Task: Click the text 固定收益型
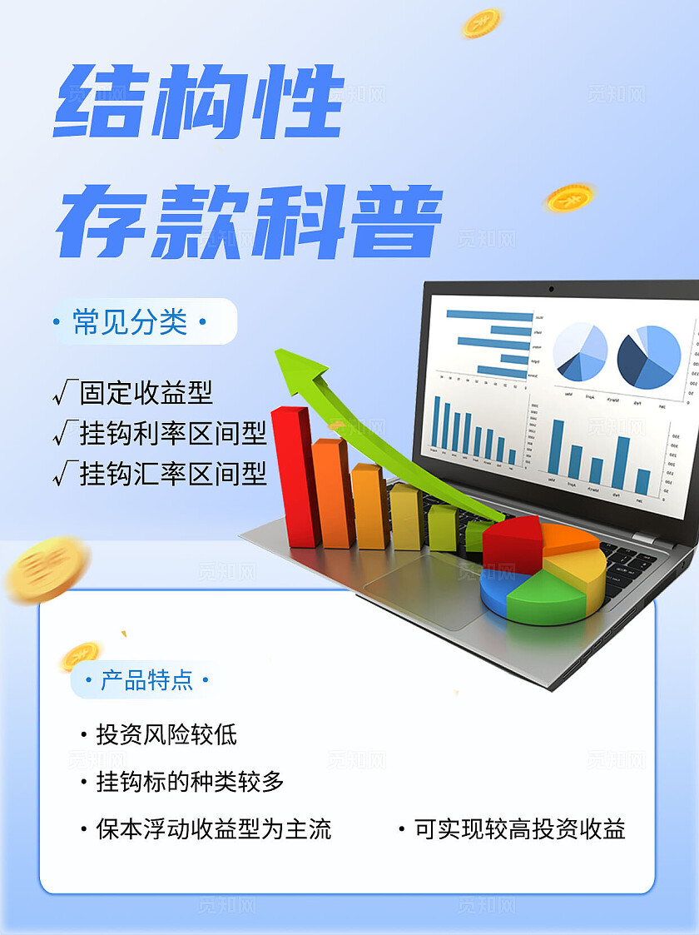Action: [146, 391]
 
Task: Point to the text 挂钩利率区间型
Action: [173, 433]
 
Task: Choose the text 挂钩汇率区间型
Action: [173, 474]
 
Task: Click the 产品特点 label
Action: [146, 680]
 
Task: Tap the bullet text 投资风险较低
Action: [166, 734]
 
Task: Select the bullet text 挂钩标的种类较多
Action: [190, 781]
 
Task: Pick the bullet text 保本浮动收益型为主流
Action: [213, 829]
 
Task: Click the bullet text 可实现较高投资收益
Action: [519, 829]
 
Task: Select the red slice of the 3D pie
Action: [513, 544]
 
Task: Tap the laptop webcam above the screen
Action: [551, 289]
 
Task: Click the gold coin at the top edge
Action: [481, 22]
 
